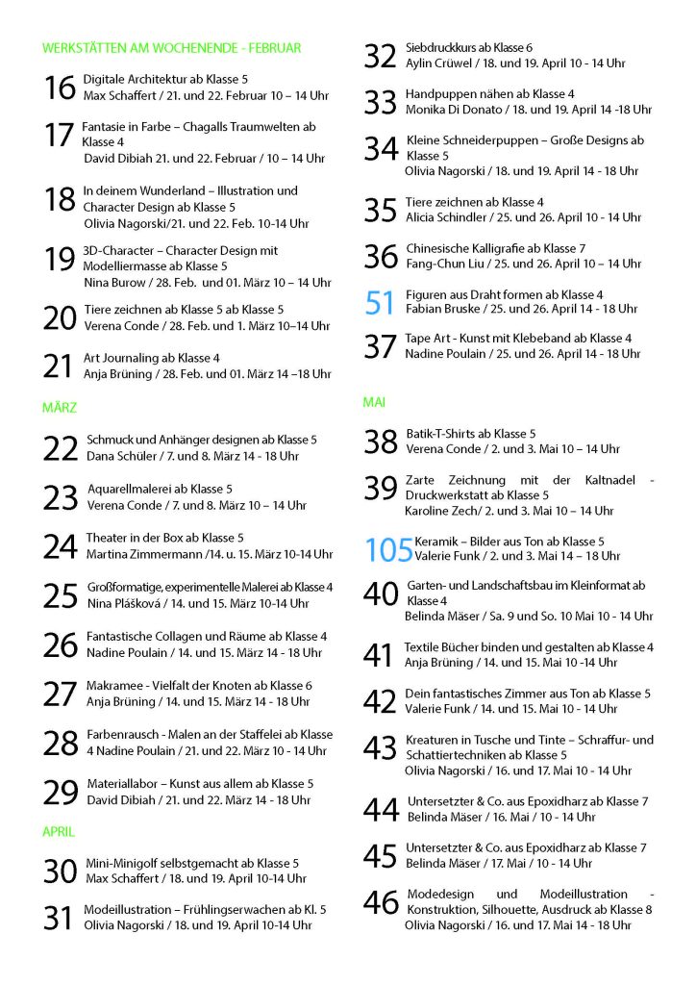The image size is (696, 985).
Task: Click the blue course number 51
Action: (381, 302)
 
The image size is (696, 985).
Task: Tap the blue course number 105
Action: (388, 549)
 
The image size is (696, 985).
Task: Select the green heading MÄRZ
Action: (60, 408)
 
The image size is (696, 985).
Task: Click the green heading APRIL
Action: (59, 831)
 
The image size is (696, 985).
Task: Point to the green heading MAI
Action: (374, 402)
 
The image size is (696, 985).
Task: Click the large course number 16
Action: (60, 88)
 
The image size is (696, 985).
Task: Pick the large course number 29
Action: (61, 792)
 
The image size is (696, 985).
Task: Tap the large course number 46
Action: (381, 901)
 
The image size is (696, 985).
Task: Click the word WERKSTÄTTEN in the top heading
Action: (87, 47)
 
